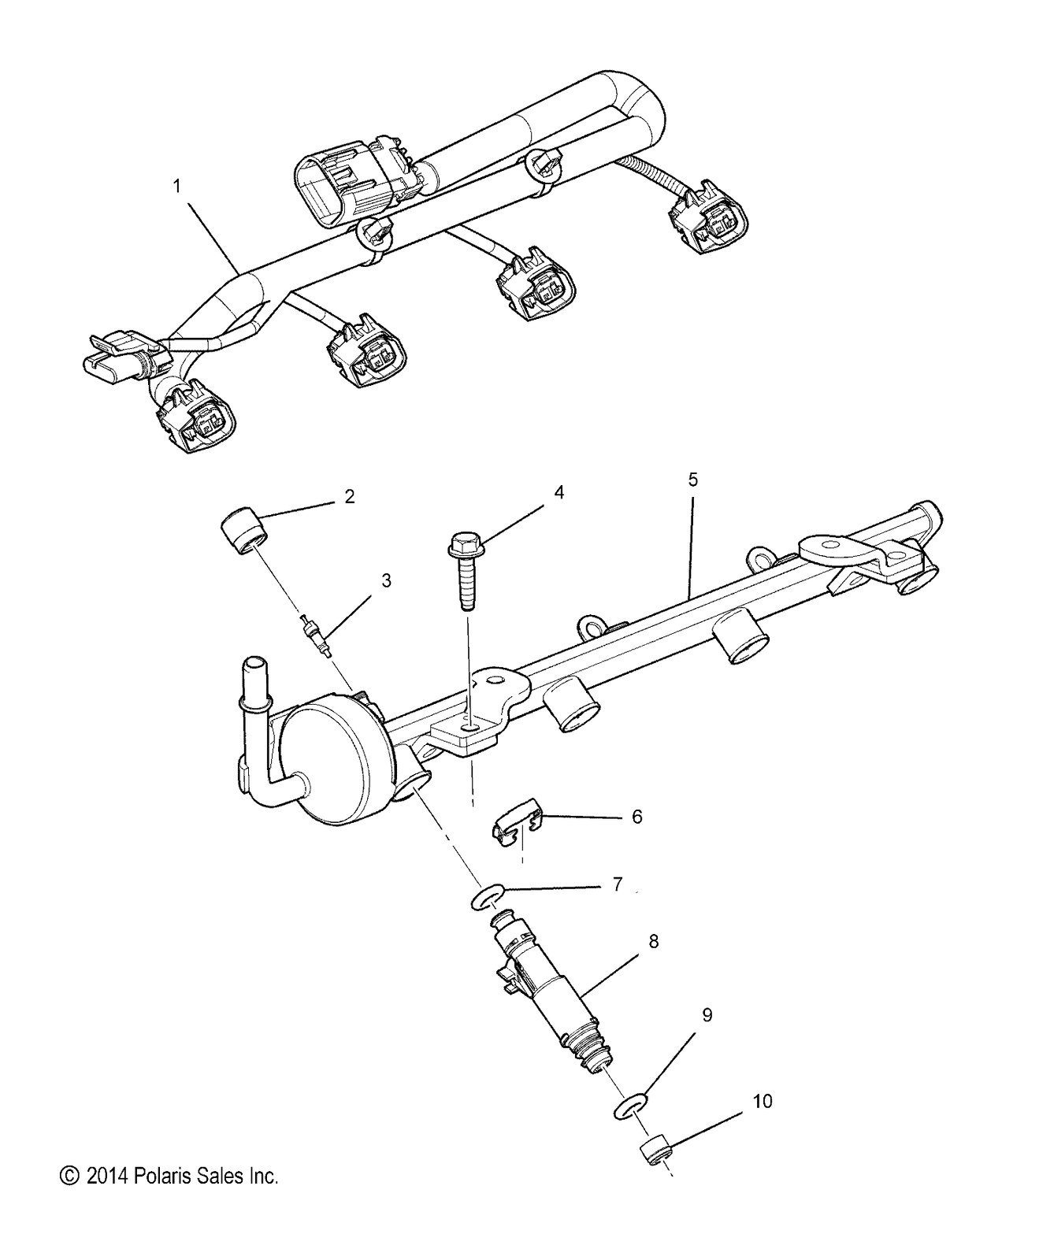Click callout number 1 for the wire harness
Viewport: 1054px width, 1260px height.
[x=177, y=187]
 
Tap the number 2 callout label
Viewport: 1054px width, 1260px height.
[x=349, y=496]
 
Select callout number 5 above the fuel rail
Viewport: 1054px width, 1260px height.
[x=692, y=480]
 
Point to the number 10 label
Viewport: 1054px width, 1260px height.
[x=763, y=1101]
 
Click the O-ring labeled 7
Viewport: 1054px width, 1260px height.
[x=488, y=898]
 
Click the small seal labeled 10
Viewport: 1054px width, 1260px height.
[x=655, y=1148]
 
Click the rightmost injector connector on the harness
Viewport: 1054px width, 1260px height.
[x=707, y=218]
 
